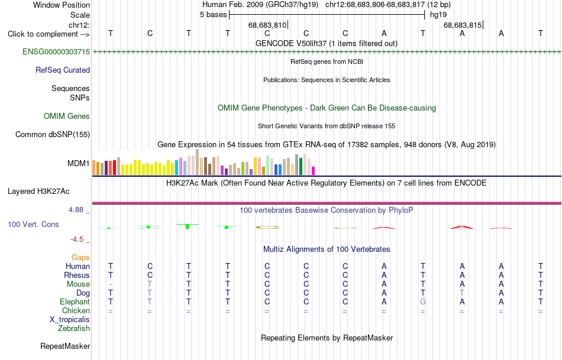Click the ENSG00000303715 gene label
56,51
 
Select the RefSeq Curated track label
63,70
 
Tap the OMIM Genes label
67,116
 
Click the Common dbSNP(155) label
53,134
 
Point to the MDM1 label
79,163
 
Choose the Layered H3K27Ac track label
38,192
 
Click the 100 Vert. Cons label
33,224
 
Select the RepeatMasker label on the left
65,346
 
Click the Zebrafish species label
74,328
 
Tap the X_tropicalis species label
70,320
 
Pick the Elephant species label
75,302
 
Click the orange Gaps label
80,258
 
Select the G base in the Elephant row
423,301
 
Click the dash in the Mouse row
111,284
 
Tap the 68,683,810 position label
267,25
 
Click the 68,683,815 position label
463,25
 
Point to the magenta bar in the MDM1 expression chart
313,171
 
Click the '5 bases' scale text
213,15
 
